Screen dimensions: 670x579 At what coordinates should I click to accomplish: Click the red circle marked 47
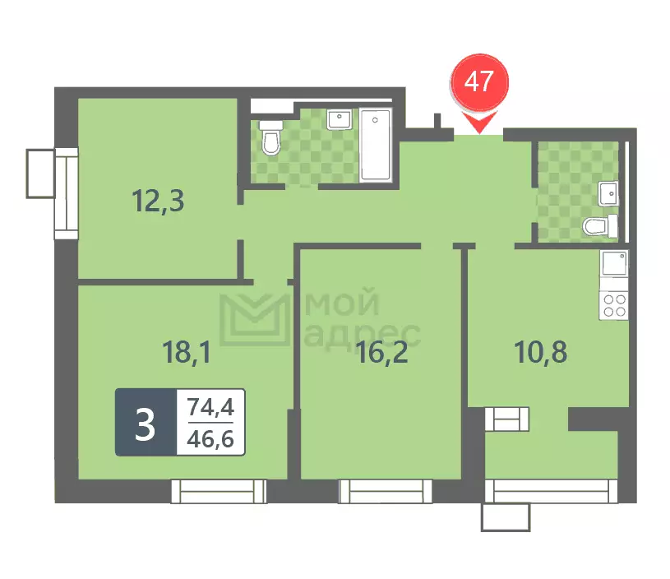coord(479,82)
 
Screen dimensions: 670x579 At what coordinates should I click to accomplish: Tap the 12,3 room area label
coord(158,201)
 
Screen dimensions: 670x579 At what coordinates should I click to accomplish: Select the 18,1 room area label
coord(187,352)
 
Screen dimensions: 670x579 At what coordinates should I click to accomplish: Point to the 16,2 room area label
coord(381,352)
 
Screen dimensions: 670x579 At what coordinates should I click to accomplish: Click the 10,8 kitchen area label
coord(541,352)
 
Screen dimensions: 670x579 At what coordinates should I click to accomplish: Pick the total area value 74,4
coord(210,406)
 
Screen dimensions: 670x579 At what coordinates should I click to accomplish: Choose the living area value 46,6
coord(210,438)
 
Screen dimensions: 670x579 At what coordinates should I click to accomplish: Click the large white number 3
coord(146,424)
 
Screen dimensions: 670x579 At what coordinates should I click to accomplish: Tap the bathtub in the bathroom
coord(376,145)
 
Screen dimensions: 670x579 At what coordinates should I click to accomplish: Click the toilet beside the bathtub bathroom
coord(271,137)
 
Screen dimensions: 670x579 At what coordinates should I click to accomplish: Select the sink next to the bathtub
coord(340,119)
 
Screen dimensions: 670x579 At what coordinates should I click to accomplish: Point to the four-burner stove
coord(614,305)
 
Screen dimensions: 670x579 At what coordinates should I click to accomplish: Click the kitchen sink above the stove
coord(614,264)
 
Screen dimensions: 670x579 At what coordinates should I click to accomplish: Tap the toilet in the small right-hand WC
coord(600,226)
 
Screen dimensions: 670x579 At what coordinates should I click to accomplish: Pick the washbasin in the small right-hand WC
coord(608,194)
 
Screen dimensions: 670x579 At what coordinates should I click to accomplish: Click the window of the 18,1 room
coord(219,491)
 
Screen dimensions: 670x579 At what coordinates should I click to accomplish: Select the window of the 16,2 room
coord(385,491)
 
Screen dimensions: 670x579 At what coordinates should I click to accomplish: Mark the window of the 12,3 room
coord(67,194)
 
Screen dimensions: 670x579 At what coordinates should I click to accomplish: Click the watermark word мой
coord(342,303)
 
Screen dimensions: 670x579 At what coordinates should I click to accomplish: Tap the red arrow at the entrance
coord(479,122)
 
